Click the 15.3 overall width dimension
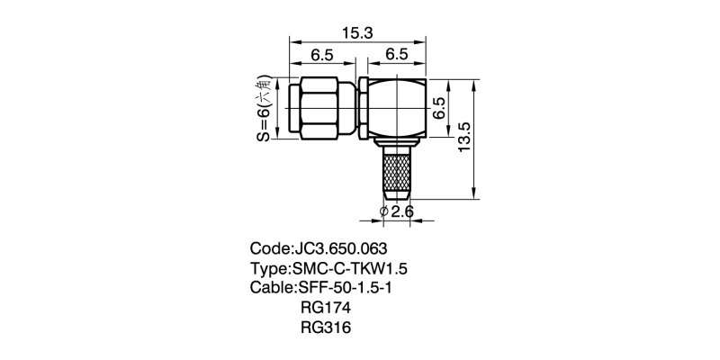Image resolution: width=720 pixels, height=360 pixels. click(x=357, y=33)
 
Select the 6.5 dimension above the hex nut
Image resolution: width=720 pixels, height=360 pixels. click(x=322, y=56)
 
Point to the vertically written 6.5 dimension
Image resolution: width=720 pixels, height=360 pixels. click(x=438, y=108)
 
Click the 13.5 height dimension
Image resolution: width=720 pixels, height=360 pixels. click(x=463, y=138)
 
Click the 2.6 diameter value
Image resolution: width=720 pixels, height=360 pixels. click(x=402, y=211)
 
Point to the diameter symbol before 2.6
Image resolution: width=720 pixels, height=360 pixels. click(x=384, y=212)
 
